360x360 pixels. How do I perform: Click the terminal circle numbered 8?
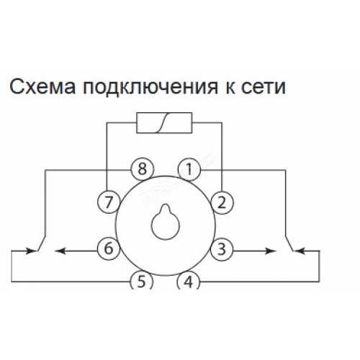(142, 169)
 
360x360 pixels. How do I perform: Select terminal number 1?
(189, 169)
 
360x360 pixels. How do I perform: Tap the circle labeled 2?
(222, 202)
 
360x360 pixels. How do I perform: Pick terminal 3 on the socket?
(222, 249)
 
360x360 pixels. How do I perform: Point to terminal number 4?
(188, 282)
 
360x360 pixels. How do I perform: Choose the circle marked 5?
(141, 282)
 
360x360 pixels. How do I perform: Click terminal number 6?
(109, 248)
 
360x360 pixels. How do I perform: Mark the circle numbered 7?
(109, 202)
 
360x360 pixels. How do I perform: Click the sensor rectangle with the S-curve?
(164, 122)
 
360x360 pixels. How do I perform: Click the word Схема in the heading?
(42, 86)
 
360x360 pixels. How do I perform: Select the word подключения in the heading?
(150, 88)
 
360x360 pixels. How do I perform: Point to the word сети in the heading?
(264, 87)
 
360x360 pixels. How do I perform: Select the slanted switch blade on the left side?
(41, 243)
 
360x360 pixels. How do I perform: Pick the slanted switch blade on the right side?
(289, 243)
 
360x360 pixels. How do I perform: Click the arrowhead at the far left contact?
(31, 251)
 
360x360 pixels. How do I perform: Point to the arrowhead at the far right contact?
(300, 251)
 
